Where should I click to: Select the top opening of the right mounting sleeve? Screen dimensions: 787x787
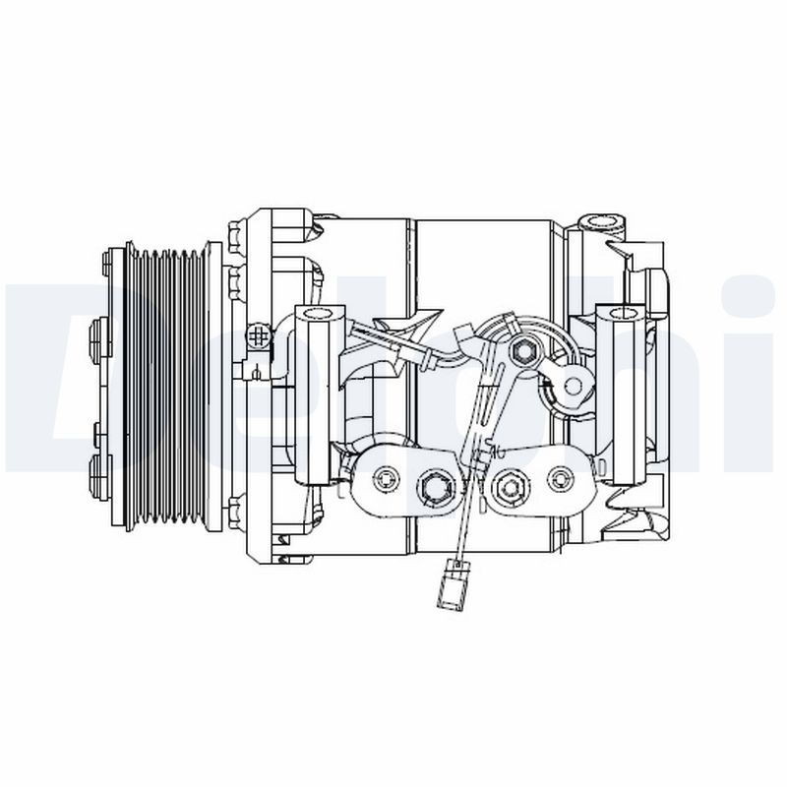coord(624,314)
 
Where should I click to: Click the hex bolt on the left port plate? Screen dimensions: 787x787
coord(433,484)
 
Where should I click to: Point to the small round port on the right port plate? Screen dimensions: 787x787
coord(561,479)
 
